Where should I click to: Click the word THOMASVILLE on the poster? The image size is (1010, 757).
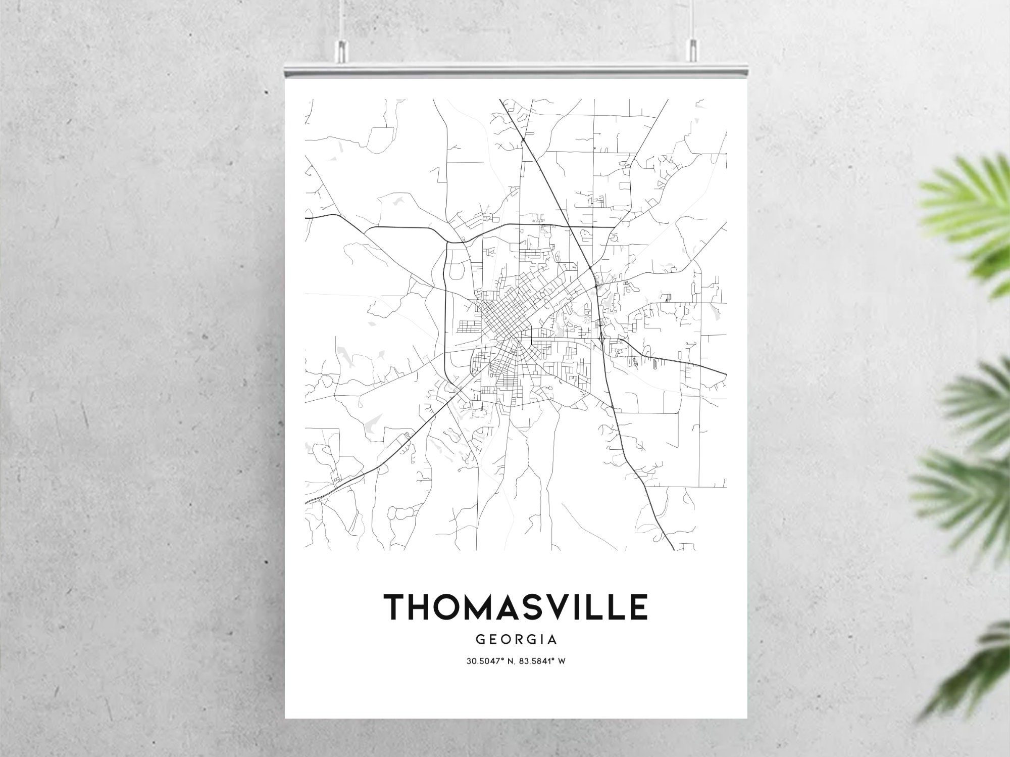click(516, 607)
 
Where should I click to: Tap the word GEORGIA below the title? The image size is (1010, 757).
click(516, 639)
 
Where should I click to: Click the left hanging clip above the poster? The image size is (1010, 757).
click(342, 50)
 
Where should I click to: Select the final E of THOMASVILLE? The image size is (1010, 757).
click(637, 607)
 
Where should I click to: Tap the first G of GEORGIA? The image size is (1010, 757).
click(480, 639)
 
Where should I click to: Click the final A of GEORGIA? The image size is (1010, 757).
click(552, 639)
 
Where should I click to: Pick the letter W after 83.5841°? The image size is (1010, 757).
click(561, 661)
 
